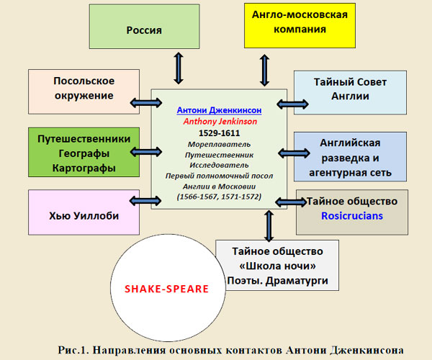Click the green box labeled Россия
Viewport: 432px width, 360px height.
pos(144,27)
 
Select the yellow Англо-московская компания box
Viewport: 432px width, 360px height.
pos(300,26)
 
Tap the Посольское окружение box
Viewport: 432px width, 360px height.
pos(84,91)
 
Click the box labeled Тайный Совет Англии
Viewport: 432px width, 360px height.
pos(350,93)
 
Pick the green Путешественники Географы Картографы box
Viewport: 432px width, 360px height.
pos(84,153)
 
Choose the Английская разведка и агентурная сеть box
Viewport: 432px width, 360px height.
pos(350,157)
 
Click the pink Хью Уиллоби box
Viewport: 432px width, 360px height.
pos(84,212)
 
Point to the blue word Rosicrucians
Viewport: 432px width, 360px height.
pos(352,216)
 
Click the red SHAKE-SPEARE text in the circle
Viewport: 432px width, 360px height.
pos(167,289)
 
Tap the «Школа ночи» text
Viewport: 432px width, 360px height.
pos(277,266)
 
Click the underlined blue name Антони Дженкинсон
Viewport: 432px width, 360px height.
pos(220,110)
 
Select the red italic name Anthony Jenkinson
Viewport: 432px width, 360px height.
pos(220,122)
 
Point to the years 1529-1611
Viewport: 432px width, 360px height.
pos(220,133)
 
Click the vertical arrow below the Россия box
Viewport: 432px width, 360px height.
pos(179,68)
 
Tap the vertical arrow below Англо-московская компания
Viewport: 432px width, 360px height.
pos(264,71)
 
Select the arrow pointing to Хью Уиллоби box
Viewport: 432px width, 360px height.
pos(145,201)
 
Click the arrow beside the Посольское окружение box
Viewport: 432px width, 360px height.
pos(146,103)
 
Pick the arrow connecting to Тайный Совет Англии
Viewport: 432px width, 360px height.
pos(292,104)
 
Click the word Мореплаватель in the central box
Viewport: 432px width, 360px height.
pos(220,144)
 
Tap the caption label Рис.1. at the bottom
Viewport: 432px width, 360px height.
pos(73,350)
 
